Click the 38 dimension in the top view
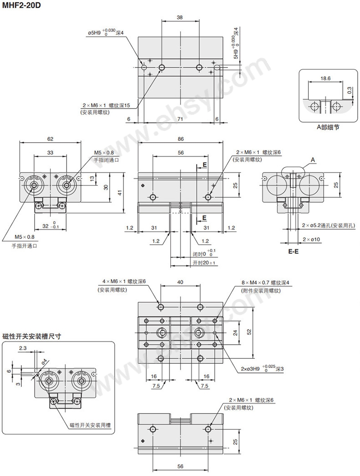pos(180,17)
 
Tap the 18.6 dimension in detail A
pos(325,79)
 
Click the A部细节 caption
pos(328,128)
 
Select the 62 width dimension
pos(50,139)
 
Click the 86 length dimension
pos(180,139)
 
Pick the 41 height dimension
pos(120,193)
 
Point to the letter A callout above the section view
pos(313,159)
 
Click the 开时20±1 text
pos(204,263)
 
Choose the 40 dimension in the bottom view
pos(180,283)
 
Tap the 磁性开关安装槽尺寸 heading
pos(32,336)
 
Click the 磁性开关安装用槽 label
pos(92,425)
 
